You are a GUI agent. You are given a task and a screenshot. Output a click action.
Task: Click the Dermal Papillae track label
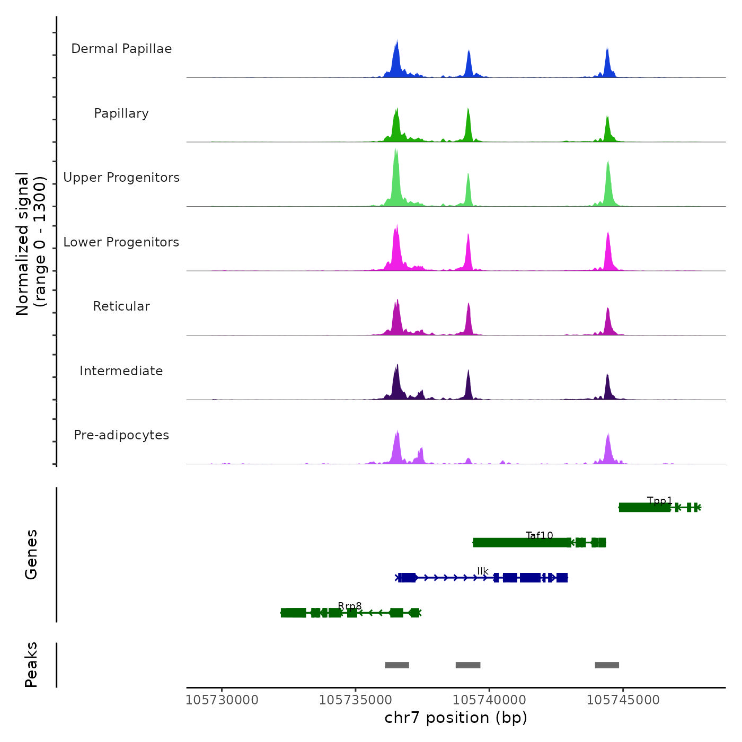point(121,49)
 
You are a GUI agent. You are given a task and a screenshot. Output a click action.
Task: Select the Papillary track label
point(121,113)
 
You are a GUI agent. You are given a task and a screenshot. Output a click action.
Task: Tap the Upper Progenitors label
point(121,178)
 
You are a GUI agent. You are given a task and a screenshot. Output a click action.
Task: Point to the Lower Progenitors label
point(121,242)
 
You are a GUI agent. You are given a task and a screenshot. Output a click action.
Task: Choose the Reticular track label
point(121,306)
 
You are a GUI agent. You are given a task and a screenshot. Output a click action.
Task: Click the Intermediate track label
point(121,371)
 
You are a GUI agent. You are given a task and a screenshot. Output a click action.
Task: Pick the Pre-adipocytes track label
point(121,435)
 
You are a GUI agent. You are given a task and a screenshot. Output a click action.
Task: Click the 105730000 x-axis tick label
point(222,700)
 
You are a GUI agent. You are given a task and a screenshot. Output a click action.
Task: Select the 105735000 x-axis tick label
point(356,700)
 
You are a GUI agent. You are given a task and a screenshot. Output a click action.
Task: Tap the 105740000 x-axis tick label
point(490,700)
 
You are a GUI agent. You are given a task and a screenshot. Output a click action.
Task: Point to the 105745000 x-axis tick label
point(623,700)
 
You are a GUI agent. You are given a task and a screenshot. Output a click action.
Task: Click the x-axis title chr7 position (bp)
point(456,718)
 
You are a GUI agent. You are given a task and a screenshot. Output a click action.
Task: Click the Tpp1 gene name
point(660,501)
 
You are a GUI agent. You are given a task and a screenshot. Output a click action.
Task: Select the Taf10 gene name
point(540,536)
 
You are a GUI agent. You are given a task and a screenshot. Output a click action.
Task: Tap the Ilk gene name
point(482,571)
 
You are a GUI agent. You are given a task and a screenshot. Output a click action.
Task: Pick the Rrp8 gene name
point(350,606)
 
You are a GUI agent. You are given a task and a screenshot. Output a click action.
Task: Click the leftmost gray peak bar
point(397,665)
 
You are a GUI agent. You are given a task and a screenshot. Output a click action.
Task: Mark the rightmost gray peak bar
point(607,665)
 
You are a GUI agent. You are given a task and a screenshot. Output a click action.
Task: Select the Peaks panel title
point(31,665)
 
